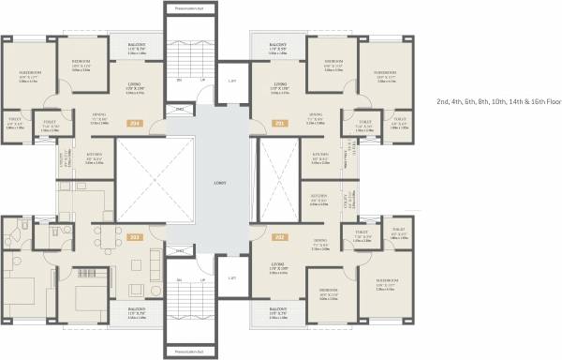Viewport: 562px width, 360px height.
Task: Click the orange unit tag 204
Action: pyautogui.click(x=135, y=122)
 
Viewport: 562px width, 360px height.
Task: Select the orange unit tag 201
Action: pyautogui.click(x=277, y=122)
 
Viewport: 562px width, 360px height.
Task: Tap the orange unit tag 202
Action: pyautogui.click(x=277, y=238)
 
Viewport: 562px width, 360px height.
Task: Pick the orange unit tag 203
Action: pyautogui.click(x=135, y=238)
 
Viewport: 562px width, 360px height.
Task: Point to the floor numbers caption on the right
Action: pyautogui.click(x=495, y=100)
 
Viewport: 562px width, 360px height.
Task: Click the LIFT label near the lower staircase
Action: pyautogui.click(x=231, y=278)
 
